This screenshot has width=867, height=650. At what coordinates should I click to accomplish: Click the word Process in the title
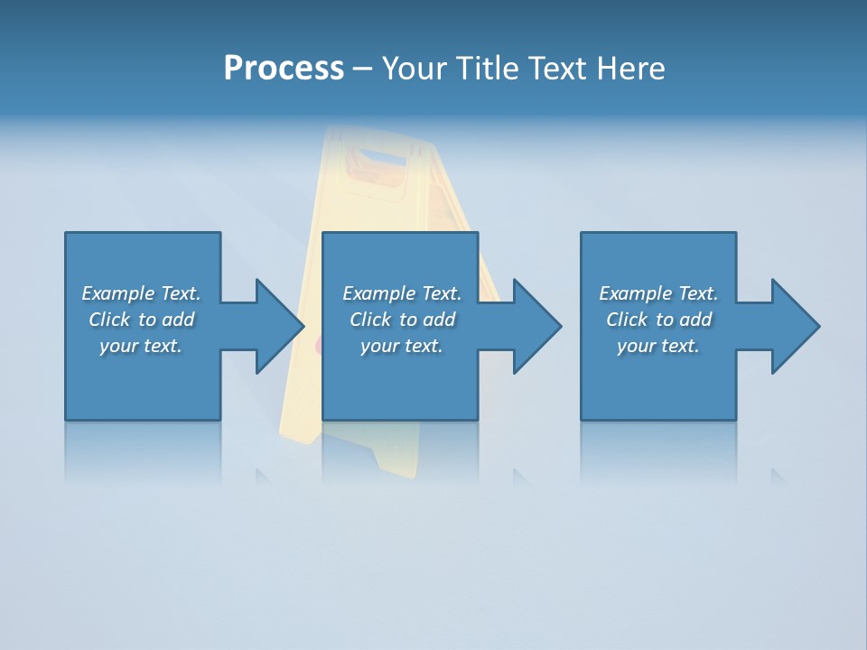point(284,69)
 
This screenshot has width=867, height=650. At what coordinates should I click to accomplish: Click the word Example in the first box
point(118,293)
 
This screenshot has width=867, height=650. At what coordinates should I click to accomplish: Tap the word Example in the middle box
point(379,293)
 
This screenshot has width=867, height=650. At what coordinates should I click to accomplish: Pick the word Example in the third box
point(636,293)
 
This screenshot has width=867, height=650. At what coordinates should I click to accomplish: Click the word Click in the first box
point(109,320)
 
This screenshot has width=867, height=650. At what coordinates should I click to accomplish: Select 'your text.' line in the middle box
point(401,346)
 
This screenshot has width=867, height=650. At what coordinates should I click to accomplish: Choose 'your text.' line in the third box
point(657,346)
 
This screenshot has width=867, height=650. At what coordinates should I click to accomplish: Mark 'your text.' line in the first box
point(140,346)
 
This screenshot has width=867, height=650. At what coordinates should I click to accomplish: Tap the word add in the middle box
point(438,320)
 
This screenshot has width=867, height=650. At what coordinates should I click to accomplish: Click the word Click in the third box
point(627,320)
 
